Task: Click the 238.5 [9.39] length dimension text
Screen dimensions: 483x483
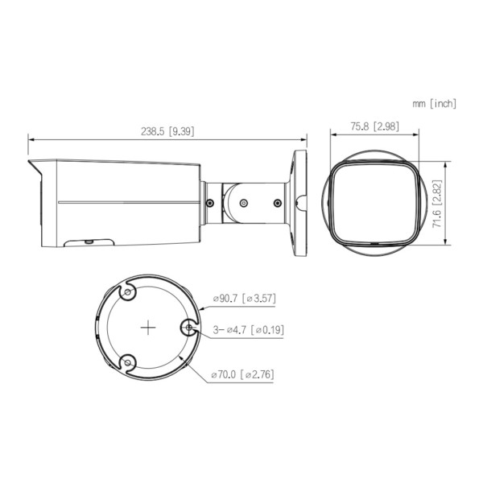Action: click(x=168, y=131)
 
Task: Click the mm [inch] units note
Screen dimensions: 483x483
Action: click(x=435, y=103)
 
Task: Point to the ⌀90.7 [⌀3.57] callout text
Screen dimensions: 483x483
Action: click(x=244, y=299)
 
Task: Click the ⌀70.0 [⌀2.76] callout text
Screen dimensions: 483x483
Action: click(x=244, y=375)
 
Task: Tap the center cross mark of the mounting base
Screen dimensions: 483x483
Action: click(x=147, y=328)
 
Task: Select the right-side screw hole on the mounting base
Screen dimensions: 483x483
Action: click(x=188, y=328)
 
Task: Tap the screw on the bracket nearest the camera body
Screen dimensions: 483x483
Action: click(x=210, y=203)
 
